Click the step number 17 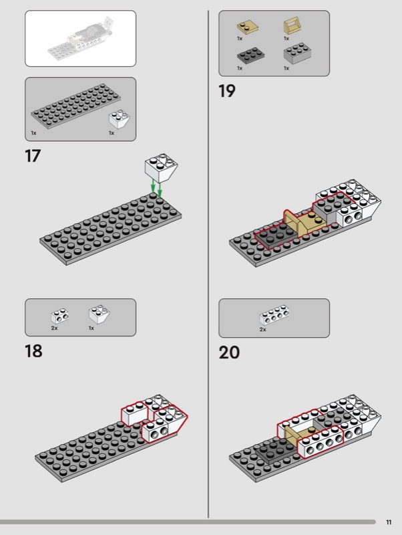33,156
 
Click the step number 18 33,350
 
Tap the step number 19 227,91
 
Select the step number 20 229,352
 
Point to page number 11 389,522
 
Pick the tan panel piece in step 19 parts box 291,27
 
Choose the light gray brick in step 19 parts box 297,53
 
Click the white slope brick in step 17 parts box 119,119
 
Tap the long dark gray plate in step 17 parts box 75,104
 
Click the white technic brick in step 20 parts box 274,316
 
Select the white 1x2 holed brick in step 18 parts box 60,316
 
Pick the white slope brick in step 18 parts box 99,314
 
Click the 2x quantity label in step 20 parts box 262,330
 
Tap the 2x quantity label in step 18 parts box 54,328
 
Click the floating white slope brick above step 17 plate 161,168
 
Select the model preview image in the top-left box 81,39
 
